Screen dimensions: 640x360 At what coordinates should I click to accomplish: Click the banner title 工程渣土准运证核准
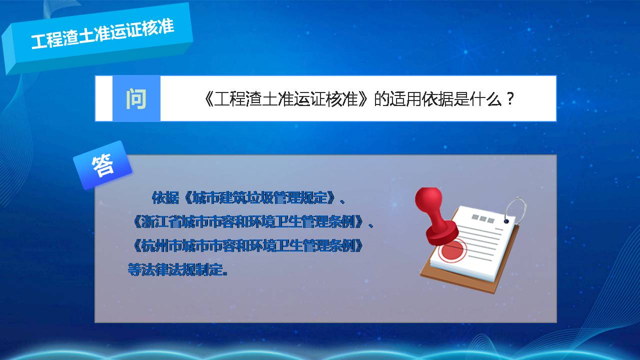pyautogui.click(x=102, y=33)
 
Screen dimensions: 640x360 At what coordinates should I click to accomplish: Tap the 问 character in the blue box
pyautogui.click(x=136, y=99)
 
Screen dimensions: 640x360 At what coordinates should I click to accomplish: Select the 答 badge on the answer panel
pyautogui.click(x=102, y=165)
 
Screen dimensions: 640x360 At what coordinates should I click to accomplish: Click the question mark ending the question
pyautogui.click(x=510, y=99)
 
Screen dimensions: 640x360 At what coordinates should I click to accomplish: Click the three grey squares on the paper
pyautogui.click(x=483, y=219)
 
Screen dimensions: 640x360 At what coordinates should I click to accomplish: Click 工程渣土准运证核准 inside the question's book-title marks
pyautogui.click(x=285, y=99)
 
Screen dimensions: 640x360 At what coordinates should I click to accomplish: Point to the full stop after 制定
pyautogui.click(x=225, y=273)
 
